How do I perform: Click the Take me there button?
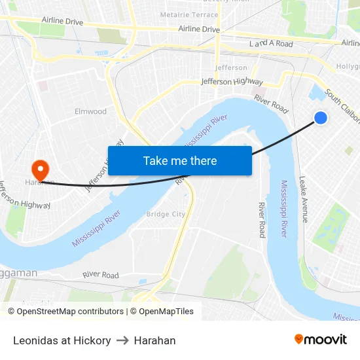tap(180, 160)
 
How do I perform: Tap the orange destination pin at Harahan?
tap(40, 170)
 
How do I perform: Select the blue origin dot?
tap(321, 118)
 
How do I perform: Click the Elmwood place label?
tap(90, 111)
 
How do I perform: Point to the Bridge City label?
tap(166, 214)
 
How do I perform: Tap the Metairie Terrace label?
tap(189, 14)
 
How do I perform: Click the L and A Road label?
tap(271, 44)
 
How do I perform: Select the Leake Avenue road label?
tap(304, 200)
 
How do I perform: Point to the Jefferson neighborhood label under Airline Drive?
tap(232, 67)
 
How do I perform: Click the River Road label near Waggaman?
tap(101, 276)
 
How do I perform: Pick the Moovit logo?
tap(320, 340)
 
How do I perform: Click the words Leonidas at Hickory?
tap(62, 340)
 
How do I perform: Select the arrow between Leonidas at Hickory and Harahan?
tap(122, 340)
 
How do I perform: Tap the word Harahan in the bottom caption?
tap(154, 340)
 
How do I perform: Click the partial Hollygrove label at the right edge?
tap(348, 67)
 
